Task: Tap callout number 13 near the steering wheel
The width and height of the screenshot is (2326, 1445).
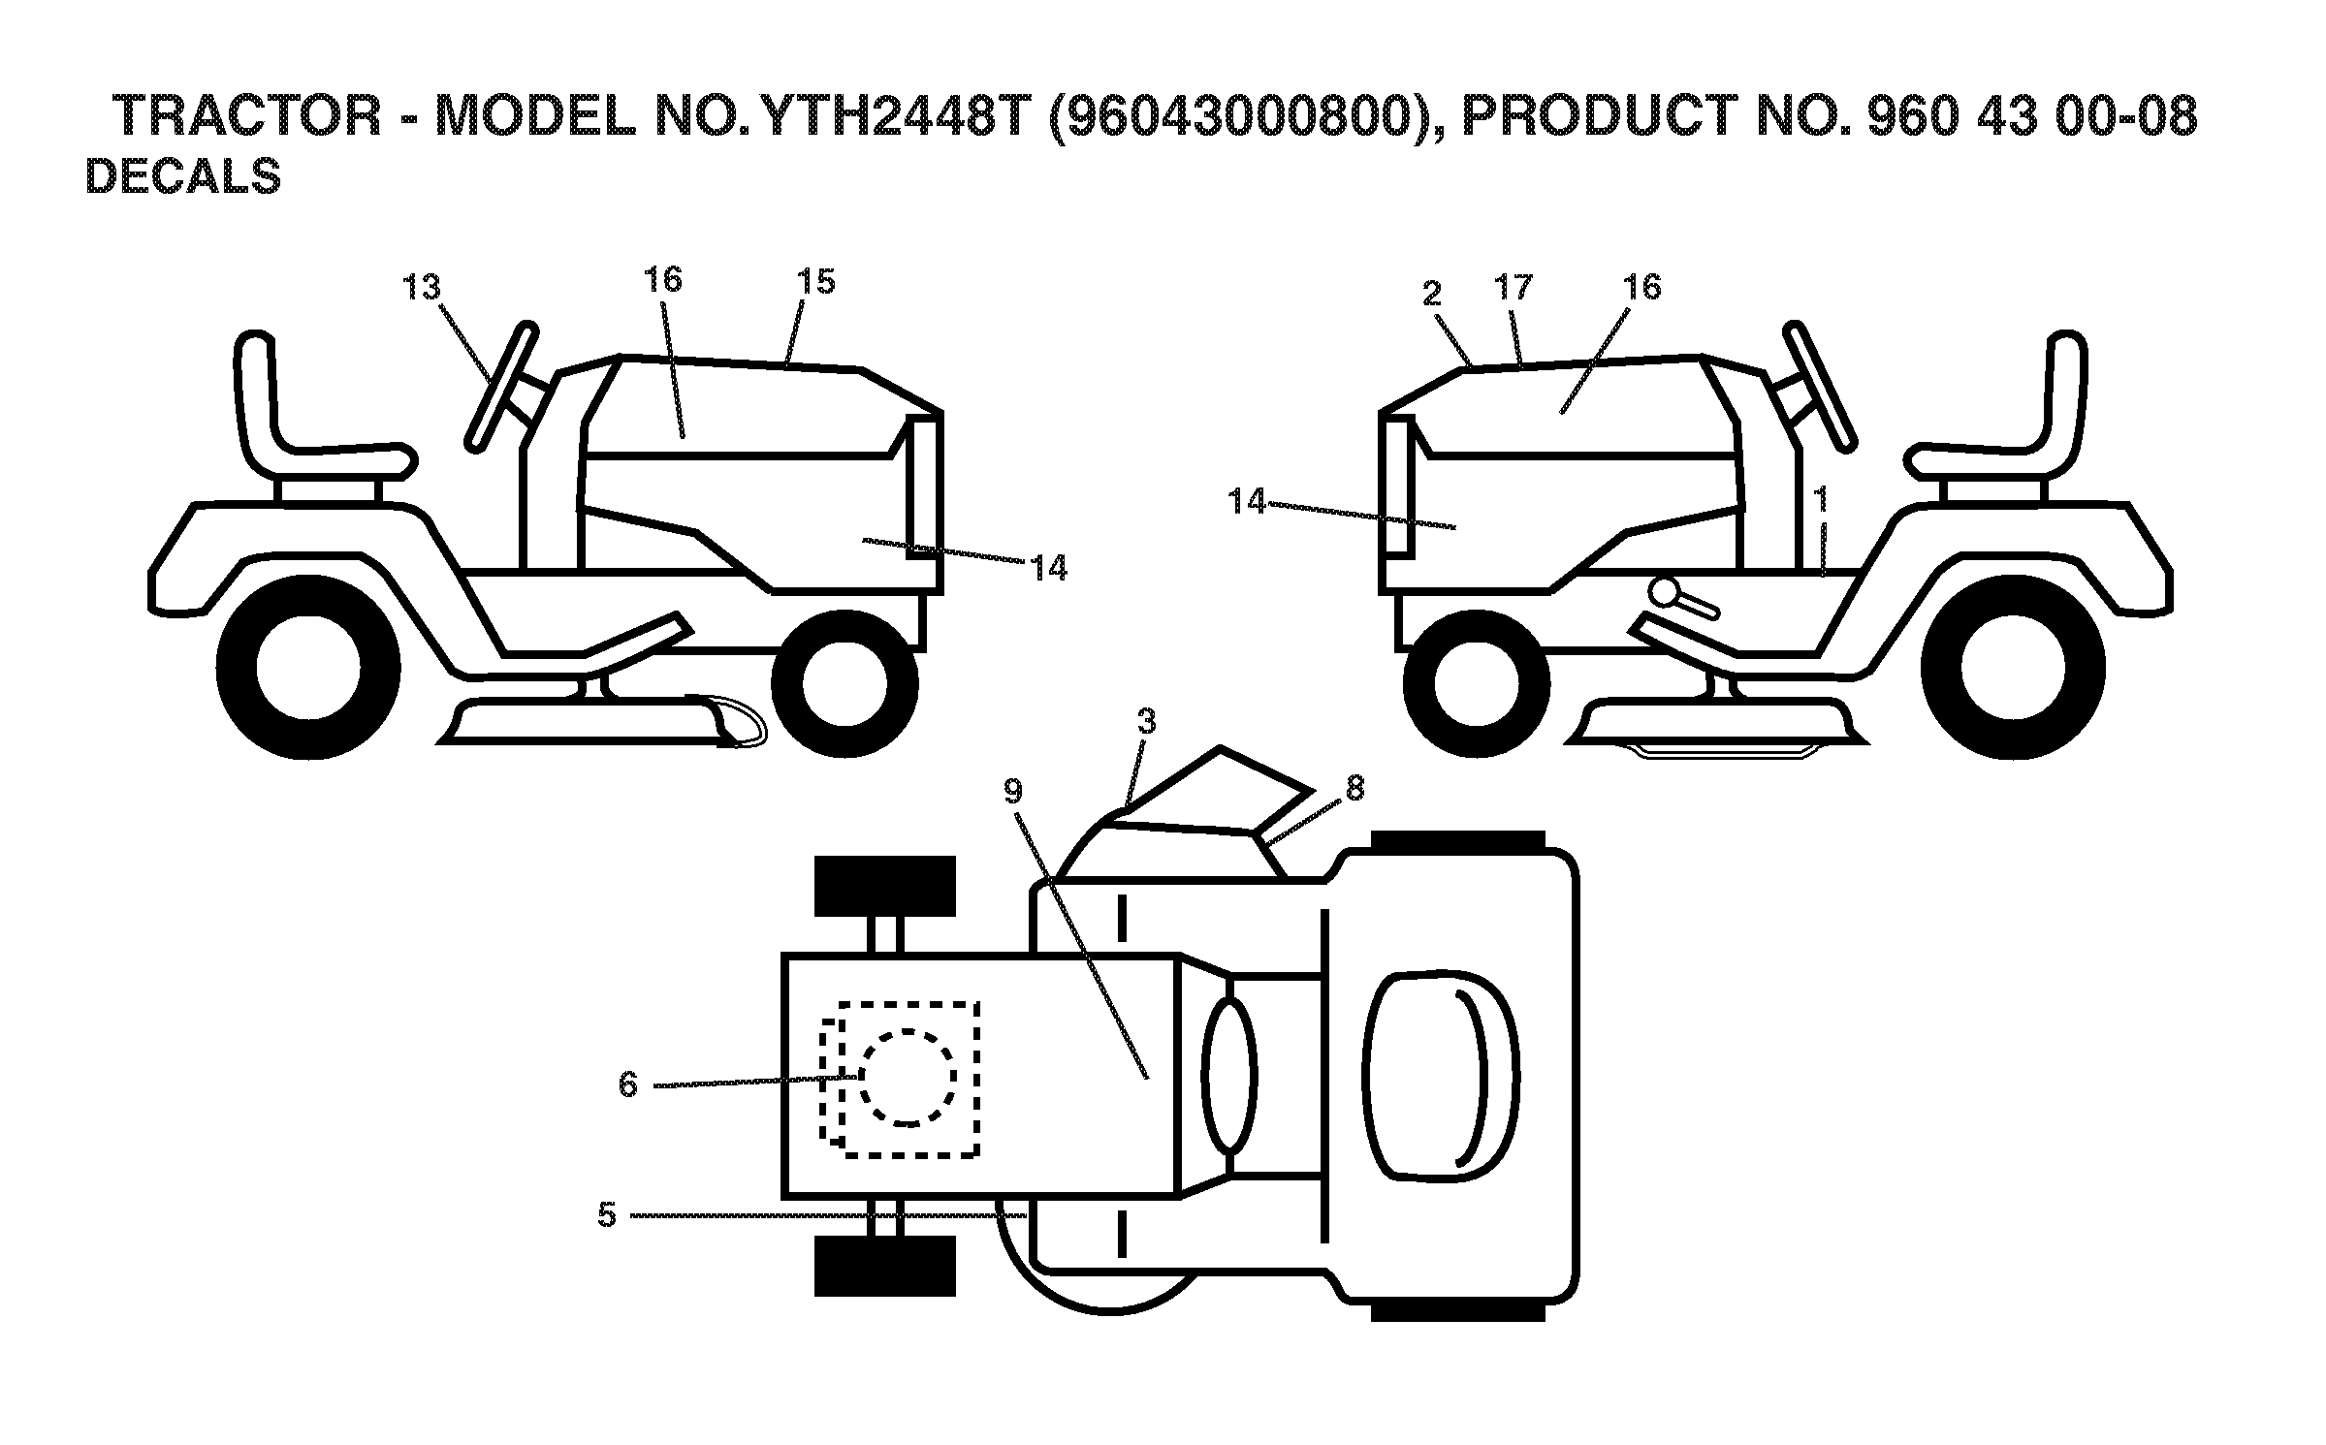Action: [422, 288]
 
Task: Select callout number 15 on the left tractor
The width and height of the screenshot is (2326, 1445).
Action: [815, 282]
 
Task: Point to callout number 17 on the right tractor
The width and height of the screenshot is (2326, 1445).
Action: [1513, 287]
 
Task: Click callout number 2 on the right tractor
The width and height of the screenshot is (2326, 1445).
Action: [1433, 293]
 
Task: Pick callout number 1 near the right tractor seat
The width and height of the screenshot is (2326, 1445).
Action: [1821, 500]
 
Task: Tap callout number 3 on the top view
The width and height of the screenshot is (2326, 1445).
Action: [1147, 721]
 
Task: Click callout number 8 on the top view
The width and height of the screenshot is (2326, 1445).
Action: [1354, 789]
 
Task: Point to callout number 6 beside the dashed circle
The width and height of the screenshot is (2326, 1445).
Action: [628, 1084]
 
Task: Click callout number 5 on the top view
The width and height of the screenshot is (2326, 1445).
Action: [608, 1214]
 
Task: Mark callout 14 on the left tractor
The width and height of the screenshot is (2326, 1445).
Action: [1049, 567]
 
